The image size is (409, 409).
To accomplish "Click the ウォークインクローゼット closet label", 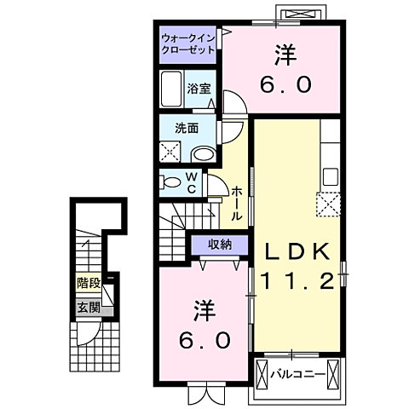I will coord(189,43).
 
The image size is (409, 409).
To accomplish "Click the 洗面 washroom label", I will coord(187,129).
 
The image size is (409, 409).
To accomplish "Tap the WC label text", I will coord(191,181).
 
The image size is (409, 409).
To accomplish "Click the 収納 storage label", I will coord(219,245).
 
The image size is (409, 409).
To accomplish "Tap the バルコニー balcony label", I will coord(297,373).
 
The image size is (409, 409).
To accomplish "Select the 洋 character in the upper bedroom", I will coord(284,55).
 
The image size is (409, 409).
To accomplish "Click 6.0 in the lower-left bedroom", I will coord(204,340).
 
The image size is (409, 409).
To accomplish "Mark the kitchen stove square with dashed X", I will coord(329,204).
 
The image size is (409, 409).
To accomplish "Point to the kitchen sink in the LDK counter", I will coord(330,176).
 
